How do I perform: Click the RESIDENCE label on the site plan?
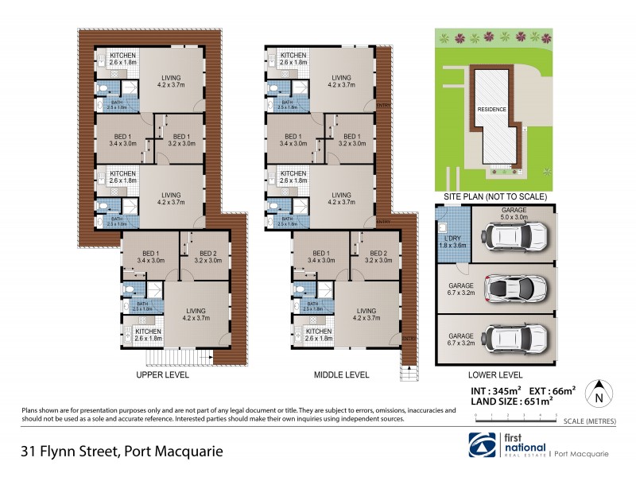pyautogui.click(x=491, y=109)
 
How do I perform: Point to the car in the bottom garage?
pyautogui.click(x=515, y=339)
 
